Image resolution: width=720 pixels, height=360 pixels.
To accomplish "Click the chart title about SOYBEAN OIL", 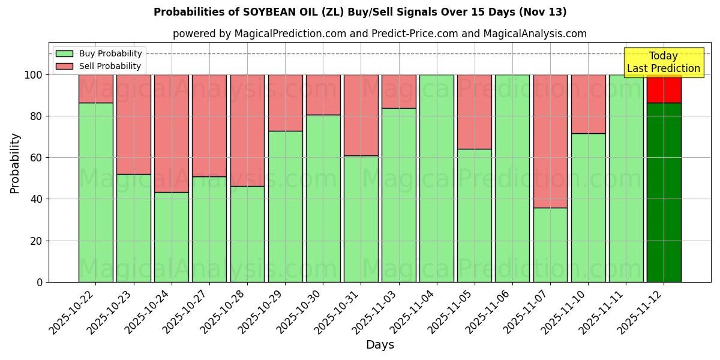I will point(360,12).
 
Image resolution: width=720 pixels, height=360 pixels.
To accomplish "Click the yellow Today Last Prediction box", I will point(663,62).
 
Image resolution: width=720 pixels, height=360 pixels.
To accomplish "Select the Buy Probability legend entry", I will point(110,53).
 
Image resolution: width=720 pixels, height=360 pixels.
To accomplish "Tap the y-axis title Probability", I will point(15,163).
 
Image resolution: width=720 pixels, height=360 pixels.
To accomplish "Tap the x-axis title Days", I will point(380,345).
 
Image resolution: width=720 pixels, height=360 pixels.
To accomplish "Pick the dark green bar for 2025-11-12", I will point(664,192).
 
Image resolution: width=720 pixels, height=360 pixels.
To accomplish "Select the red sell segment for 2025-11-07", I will point(550,141).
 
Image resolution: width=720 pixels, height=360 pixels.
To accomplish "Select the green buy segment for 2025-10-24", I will point(172,237).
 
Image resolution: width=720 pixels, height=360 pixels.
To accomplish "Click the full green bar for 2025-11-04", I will point(437,178).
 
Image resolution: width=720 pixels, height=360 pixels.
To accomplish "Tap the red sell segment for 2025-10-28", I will point(247,130).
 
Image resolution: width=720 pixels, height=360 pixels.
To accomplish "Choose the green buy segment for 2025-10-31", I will point(361,219).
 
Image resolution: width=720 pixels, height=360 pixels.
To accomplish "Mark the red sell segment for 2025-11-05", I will point(475,112).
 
